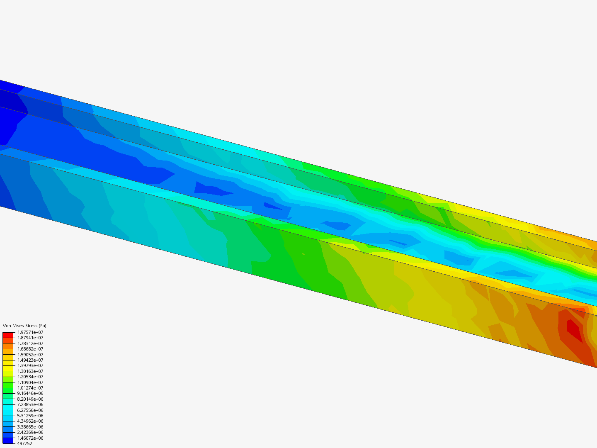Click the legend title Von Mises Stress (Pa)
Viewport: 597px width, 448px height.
point(24,326)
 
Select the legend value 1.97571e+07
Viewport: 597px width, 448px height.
point(30,332)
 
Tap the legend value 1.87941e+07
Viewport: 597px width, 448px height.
point(30,338)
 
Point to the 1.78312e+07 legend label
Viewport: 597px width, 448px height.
point(30,343)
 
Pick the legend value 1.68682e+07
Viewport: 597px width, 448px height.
point(30,349)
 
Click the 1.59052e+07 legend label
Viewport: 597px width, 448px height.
point(30,355)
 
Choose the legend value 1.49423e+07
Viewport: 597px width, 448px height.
point(30,360)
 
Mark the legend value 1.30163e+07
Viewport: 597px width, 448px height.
point(30,371)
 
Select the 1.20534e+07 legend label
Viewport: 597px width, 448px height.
point(30,377)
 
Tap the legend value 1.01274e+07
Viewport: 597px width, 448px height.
point(30,388)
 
